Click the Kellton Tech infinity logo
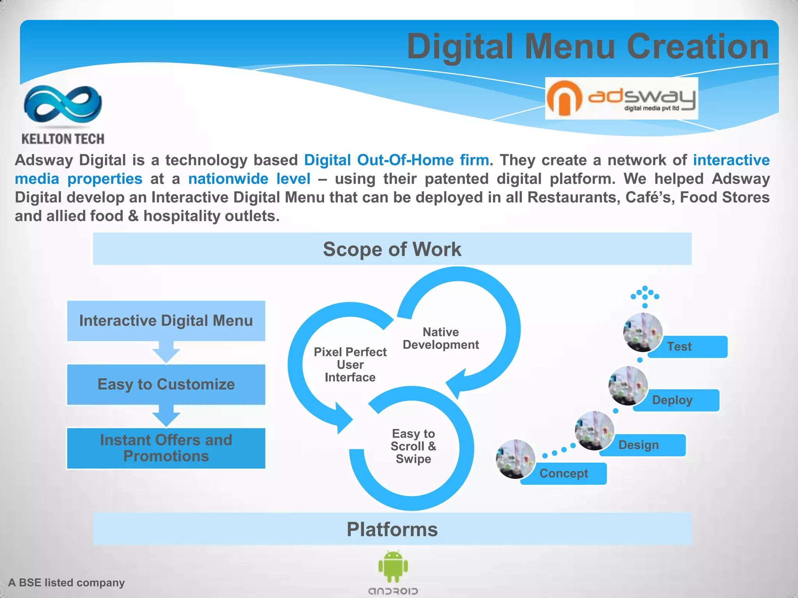coord(63,104)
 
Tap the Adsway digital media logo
coord(621,98)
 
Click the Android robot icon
coord(393,566)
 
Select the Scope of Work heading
coord(392,249)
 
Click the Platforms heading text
coord(392,529)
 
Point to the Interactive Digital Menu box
coord(166,321)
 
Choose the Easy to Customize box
coord(166,384)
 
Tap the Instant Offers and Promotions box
coord(166,448)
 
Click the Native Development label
coord(441,338)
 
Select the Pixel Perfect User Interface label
coord(350,364)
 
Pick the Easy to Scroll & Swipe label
coord(413,446)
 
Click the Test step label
coord(679,346)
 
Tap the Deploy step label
coord(672,400)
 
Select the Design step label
coord(639,445)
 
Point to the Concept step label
coord(563,473)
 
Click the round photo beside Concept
coord(515,459)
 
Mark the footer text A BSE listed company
coord(67,582)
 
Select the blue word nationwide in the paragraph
coord(228,179)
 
